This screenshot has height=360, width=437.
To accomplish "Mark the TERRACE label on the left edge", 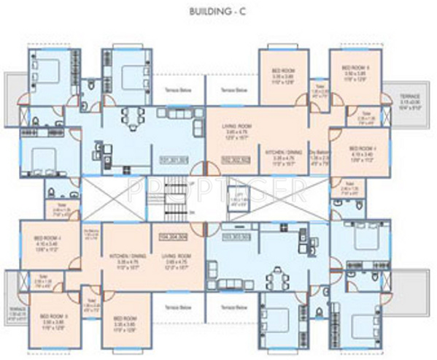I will pos(18,312).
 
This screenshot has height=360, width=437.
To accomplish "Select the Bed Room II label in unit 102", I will pos(357,70).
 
